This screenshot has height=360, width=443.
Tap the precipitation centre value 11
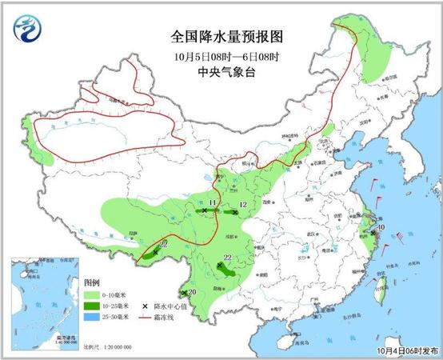point(212,205)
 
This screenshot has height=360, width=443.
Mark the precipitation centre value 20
point(192,292)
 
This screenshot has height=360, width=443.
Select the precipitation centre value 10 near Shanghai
point(381,227)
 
